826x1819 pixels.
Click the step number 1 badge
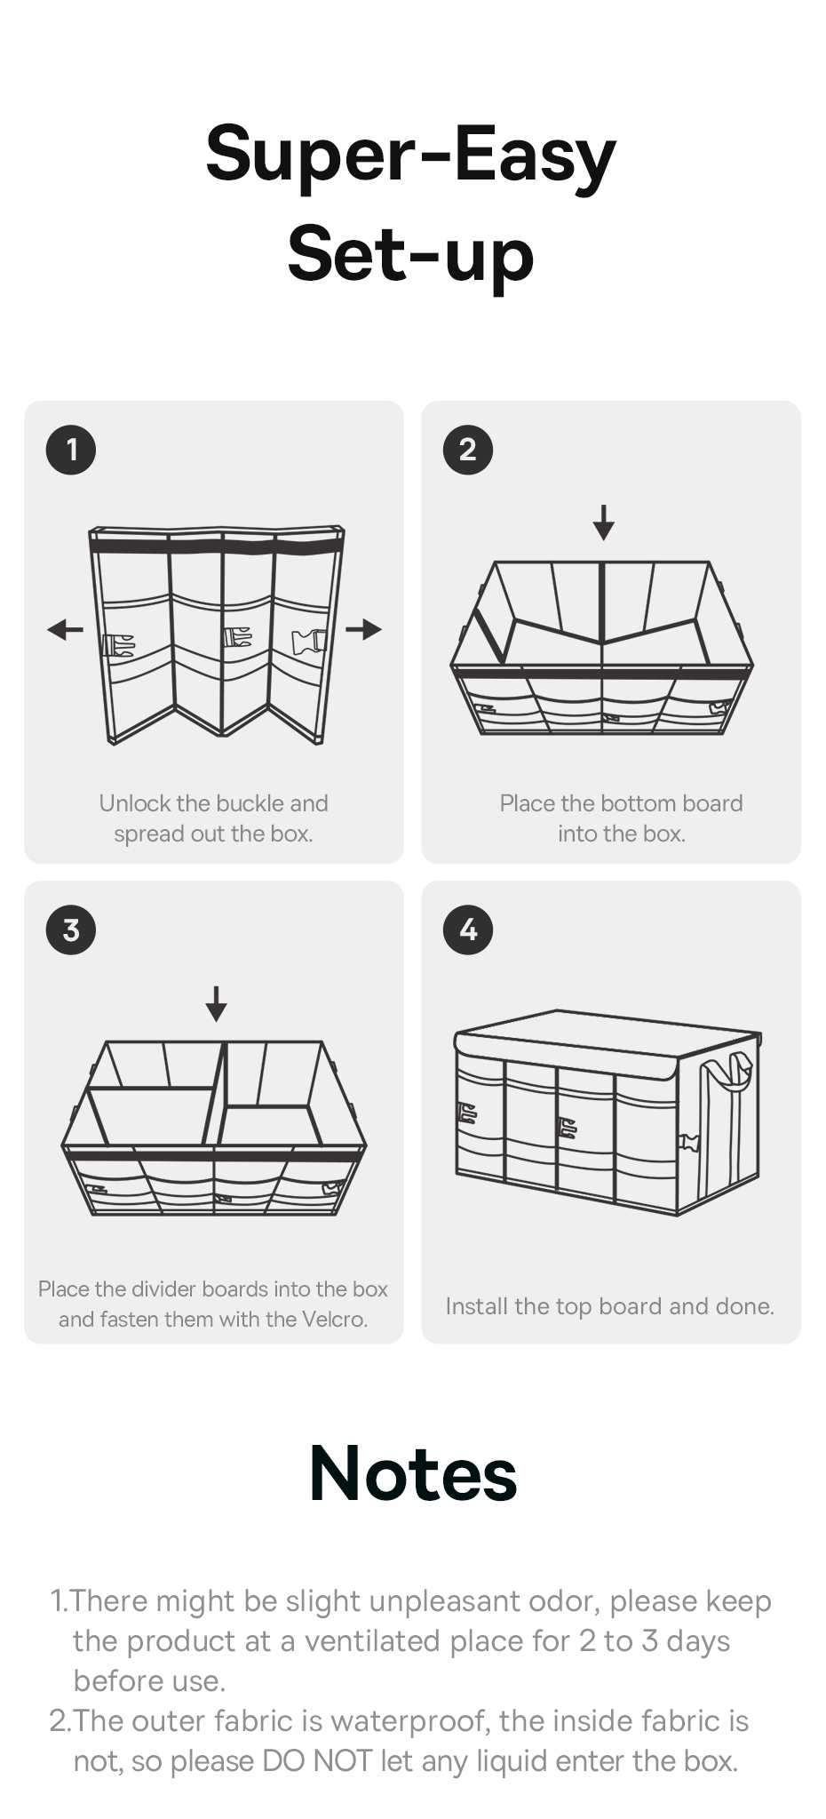pos(71,450)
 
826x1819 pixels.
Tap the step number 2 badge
pos(468,450)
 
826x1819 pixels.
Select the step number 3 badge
pos(71,929)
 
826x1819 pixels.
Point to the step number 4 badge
pos(468,929)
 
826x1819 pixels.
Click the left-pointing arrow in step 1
pos(65,630)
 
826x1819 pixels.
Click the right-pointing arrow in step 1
pos(364,630)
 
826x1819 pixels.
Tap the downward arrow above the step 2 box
pos(604,523)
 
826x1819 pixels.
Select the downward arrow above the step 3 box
pos(216,1003)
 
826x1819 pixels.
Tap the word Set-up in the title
pos(411,255)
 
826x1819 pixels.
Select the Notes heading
pos(413,1473)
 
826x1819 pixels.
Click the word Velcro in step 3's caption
pos(334,1320)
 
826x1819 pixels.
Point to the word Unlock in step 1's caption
pos(135,803)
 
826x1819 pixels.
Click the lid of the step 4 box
pos(609,1044)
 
